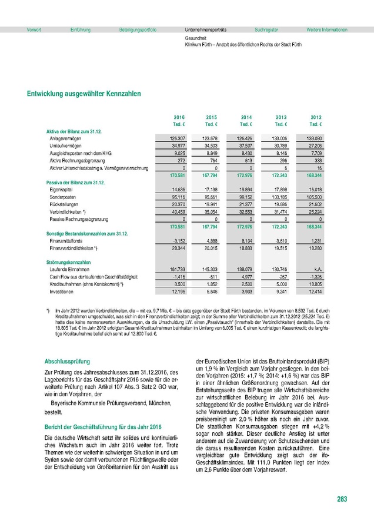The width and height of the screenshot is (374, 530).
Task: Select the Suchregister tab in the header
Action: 266,29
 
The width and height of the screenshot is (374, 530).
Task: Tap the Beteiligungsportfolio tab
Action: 138,29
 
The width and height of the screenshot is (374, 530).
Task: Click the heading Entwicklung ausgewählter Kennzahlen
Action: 84,93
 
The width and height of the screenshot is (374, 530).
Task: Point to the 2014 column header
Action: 246,117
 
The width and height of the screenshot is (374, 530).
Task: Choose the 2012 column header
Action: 316,117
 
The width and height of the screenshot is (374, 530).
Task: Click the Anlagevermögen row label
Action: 65,137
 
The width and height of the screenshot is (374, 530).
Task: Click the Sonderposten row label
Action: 62,197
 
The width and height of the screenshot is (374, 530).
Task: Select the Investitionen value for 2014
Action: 246,291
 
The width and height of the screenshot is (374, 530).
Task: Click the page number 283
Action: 342,499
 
